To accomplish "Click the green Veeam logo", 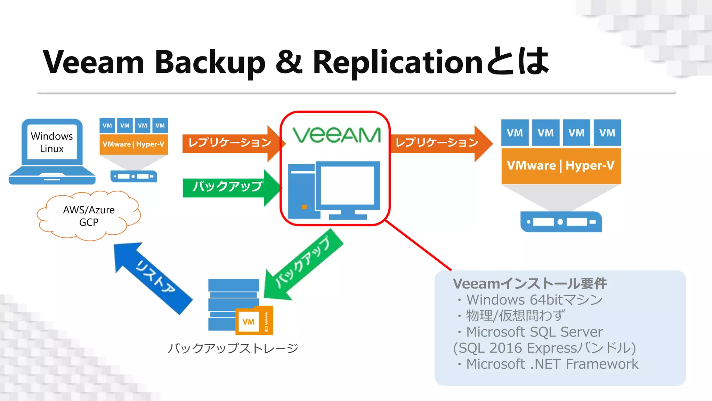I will pyautogui.click(x=337, y=135).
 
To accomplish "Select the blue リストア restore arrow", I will pyautogui.click(x=153, y=278).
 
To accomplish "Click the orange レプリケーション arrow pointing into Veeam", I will pyautogui.click(x=229, y=143).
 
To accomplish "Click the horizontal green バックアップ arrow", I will pyautogui.click(x=228, y=187).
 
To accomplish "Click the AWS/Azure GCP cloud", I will pyautogui.click(x=89, y=216).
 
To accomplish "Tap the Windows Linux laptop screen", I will pyautogui.click(x=52, y=142).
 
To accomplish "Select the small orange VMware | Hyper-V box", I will pyautogui.click(x=133, y=144).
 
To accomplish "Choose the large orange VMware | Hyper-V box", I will pyautogui.click(x=561, y=166).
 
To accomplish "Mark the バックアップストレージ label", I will pyautogui.click(x=233, y=348).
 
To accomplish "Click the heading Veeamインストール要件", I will pyautogui.click(x=529, y=284).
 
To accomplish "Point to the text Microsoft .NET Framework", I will pyautogui.click(x=552, y=364).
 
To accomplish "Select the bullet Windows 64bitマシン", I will pyautogui.click(x=534, y=300).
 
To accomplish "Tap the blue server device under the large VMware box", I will pyautogui.click(x=561, y=222).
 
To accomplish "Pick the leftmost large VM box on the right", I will pyautogui.click(x=515, y=133).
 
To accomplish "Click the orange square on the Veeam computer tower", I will pyautogui.click(x=304, y=207).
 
